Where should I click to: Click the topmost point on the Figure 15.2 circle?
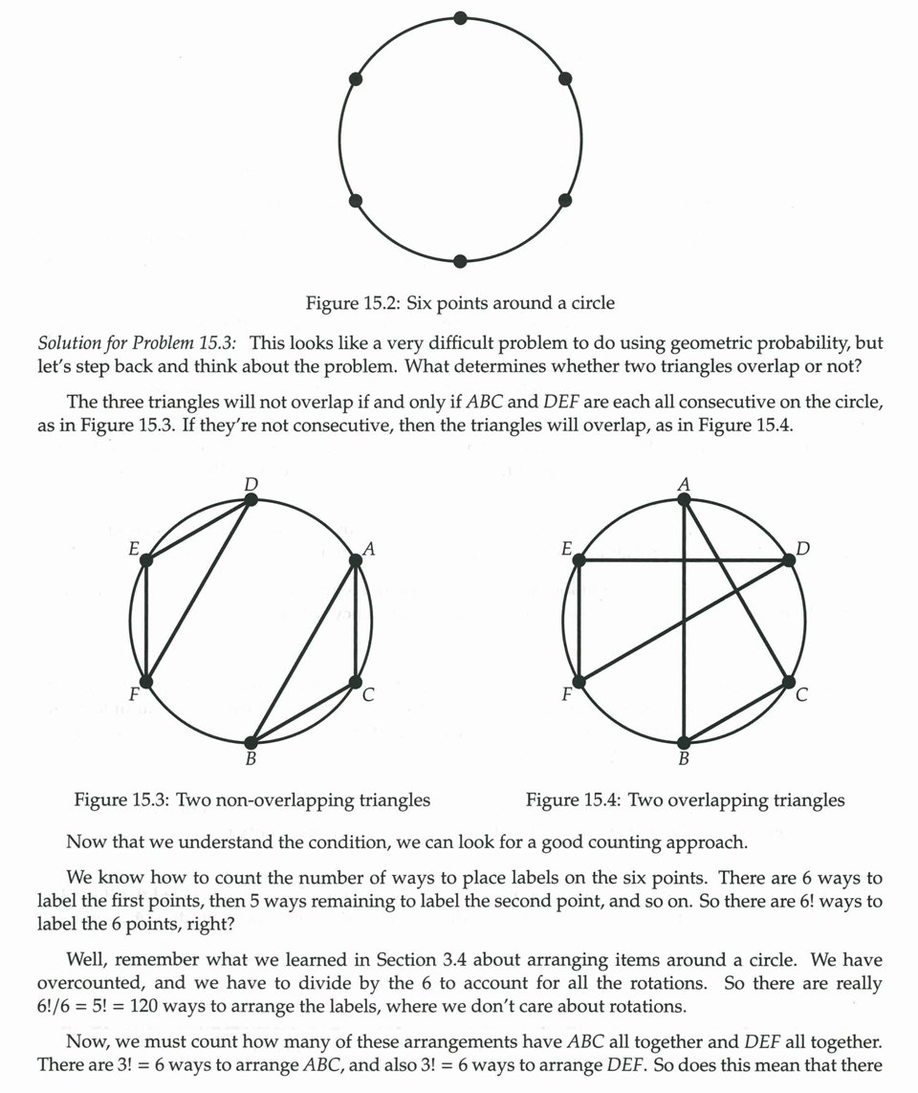(x=460, y=18)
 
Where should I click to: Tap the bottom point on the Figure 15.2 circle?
(x=460, y=261)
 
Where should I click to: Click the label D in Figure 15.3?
(x=251, y=485)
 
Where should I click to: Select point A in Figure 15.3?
(x=356, y=560)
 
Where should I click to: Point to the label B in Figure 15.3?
(x=251, y=760)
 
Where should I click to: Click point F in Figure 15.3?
(x=145, y=682)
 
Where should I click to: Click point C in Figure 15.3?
(x=356, y=682)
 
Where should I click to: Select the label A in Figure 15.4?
(x=684, y=485)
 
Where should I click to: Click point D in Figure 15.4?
(x=788, y=560)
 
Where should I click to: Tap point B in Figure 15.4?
(x=684, y=742)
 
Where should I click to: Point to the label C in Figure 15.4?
(x=801, y=695)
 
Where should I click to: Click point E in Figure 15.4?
(x=579, y=560)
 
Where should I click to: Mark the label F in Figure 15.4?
(x=566, y=695)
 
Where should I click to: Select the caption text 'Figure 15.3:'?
(x=122, y=799)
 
